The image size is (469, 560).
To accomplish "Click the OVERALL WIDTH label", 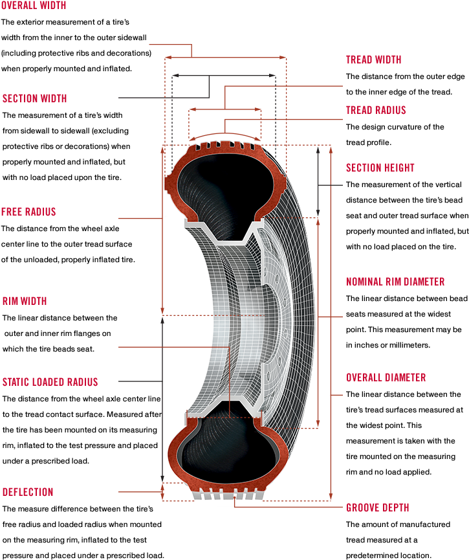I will click(x=34, y=5).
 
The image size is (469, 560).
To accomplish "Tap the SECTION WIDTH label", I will click(x=34, y=98).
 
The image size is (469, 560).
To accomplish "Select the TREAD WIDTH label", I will click(x=373, y=60).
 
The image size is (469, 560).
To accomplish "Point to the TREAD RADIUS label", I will click(x=376, y=110).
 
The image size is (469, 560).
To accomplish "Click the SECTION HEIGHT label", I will click(x=380, y=168).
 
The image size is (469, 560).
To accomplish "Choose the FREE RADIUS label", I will click(x=28, y=212).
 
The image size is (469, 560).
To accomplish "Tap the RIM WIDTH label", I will click(x=25, y=301).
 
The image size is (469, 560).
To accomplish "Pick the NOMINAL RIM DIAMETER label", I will click(x=395, y=282).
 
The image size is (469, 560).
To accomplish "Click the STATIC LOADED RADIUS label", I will click(x=50, y=382).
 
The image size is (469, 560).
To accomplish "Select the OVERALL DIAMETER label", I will click(x=386, y=377).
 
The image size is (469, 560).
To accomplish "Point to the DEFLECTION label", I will click(x=28, y=492).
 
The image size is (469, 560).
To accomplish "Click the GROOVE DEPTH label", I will click(x=377, y=508).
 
